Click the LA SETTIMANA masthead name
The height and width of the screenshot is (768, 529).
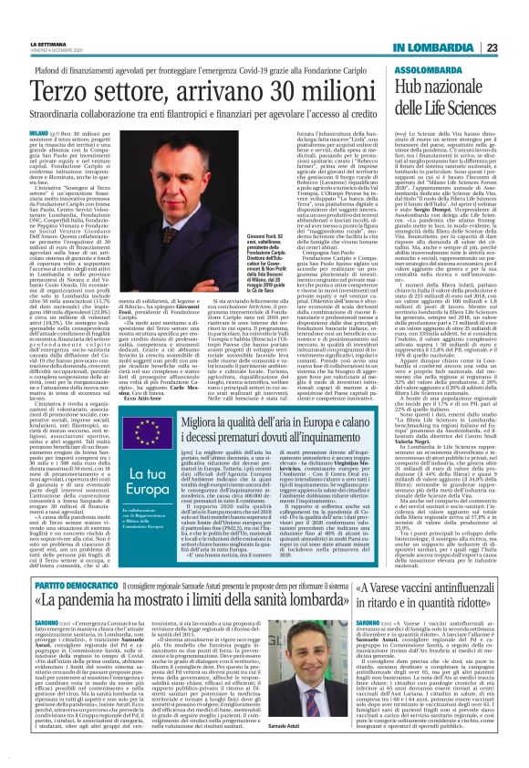pyautogui.click(x=37, y=16)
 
